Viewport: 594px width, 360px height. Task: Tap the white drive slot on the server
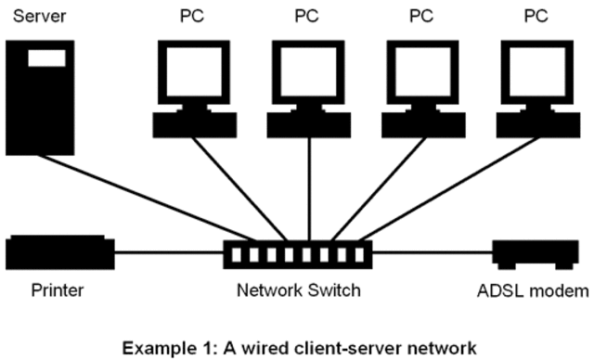coord(46,58)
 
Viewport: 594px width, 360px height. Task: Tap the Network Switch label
coord(298,291)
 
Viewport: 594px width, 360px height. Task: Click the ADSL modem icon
coord(528,252)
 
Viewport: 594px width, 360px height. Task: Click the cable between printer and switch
coord(169,251)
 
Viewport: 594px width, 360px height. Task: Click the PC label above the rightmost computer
coord(536,16)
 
